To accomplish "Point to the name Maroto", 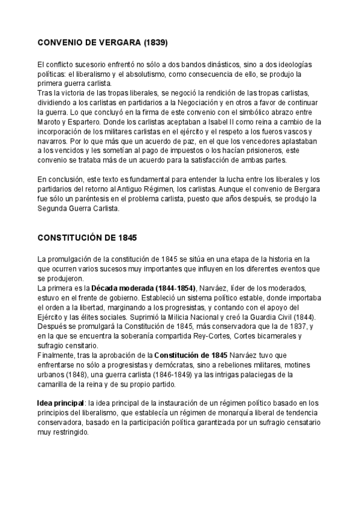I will (x=49, y=121).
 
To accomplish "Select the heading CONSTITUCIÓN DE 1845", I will (x=88, y=238).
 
